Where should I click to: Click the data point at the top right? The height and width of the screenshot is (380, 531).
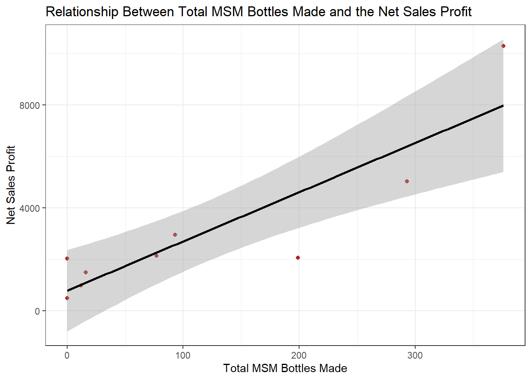click(503, 46)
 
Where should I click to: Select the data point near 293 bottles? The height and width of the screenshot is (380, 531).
click(407, 181)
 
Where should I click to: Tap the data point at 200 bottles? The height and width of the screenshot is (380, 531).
click(298, 258)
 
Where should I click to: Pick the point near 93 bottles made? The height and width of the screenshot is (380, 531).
click(175, 235)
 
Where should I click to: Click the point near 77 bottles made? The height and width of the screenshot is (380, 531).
click(156, 256)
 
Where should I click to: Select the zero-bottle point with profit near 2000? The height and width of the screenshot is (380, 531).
click(67, 258)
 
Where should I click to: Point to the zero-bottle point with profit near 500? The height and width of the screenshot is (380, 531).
click(67, 298)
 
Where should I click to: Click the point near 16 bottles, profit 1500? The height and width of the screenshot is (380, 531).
click(86, 272)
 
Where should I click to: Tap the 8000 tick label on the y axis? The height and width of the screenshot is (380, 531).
click(30, 105)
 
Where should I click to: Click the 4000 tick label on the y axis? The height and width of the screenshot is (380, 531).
click(30, 208)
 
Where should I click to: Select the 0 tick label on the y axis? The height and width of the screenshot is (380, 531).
click(38, 311)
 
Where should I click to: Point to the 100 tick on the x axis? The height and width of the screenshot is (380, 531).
click(183, 355)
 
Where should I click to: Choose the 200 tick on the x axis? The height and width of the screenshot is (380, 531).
click(299, 355)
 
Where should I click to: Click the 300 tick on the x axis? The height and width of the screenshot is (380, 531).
click(415, 355)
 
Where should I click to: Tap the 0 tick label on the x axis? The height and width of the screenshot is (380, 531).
click(67, 355)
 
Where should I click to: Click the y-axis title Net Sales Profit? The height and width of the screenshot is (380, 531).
click(11, 185)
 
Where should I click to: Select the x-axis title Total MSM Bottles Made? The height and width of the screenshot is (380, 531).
click(285, 369)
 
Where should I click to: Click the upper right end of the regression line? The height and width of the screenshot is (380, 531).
click(503, 106)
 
